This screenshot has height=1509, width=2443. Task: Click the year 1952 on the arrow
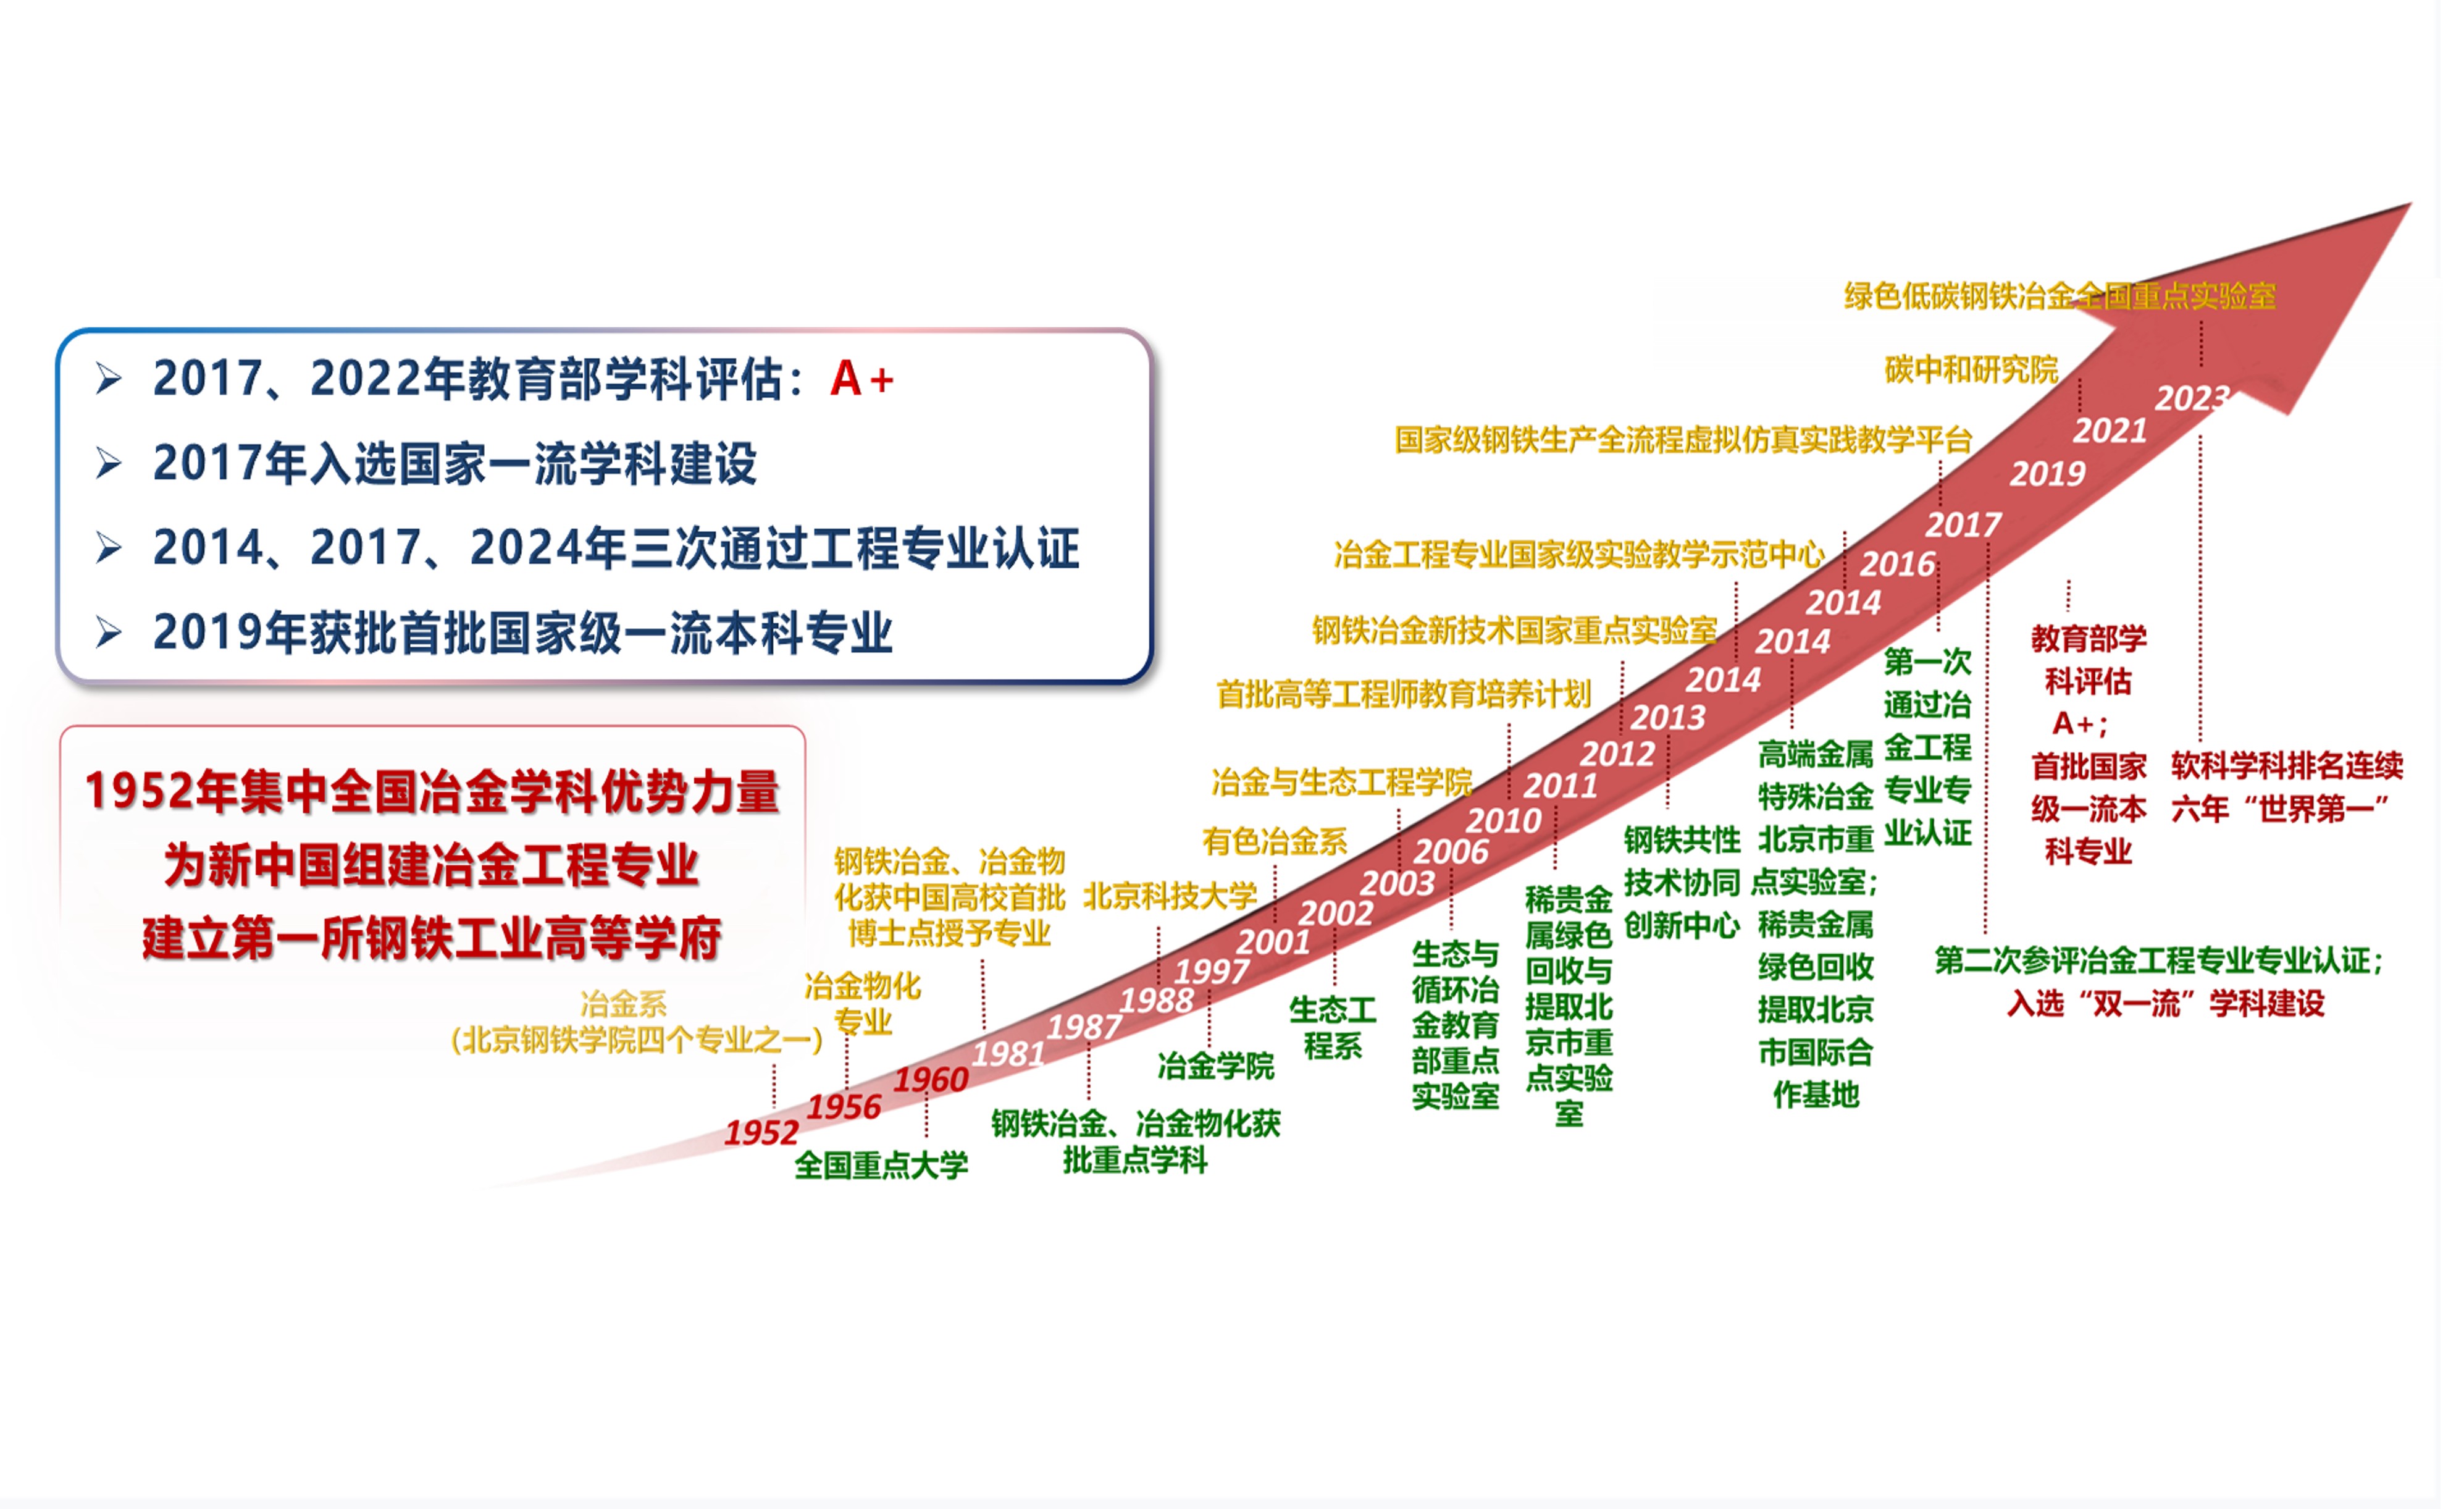761,1133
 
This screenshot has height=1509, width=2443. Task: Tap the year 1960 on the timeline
931,1079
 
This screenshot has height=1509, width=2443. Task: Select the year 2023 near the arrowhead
2192,398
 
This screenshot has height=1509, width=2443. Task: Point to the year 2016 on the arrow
1897,564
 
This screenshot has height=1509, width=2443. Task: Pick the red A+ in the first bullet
862,379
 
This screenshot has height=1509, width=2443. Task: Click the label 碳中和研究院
1971,369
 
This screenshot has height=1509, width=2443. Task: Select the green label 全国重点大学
881,1165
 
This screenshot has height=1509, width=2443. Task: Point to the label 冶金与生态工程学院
1342,781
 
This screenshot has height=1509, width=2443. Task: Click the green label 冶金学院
1216,1066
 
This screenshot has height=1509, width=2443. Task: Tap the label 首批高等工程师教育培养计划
1404,694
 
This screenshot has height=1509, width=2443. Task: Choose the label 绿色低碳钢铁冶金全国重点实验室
2060,295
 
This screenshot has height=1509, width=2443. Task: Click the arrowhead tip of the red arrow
2411,204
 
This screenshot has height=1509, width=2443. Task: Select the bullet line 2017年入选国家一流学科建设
455,463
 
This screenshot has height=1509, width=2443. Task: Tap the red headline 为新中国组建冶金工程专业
431,864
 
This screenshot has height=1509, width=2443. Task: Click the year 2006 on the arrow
1451,851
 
